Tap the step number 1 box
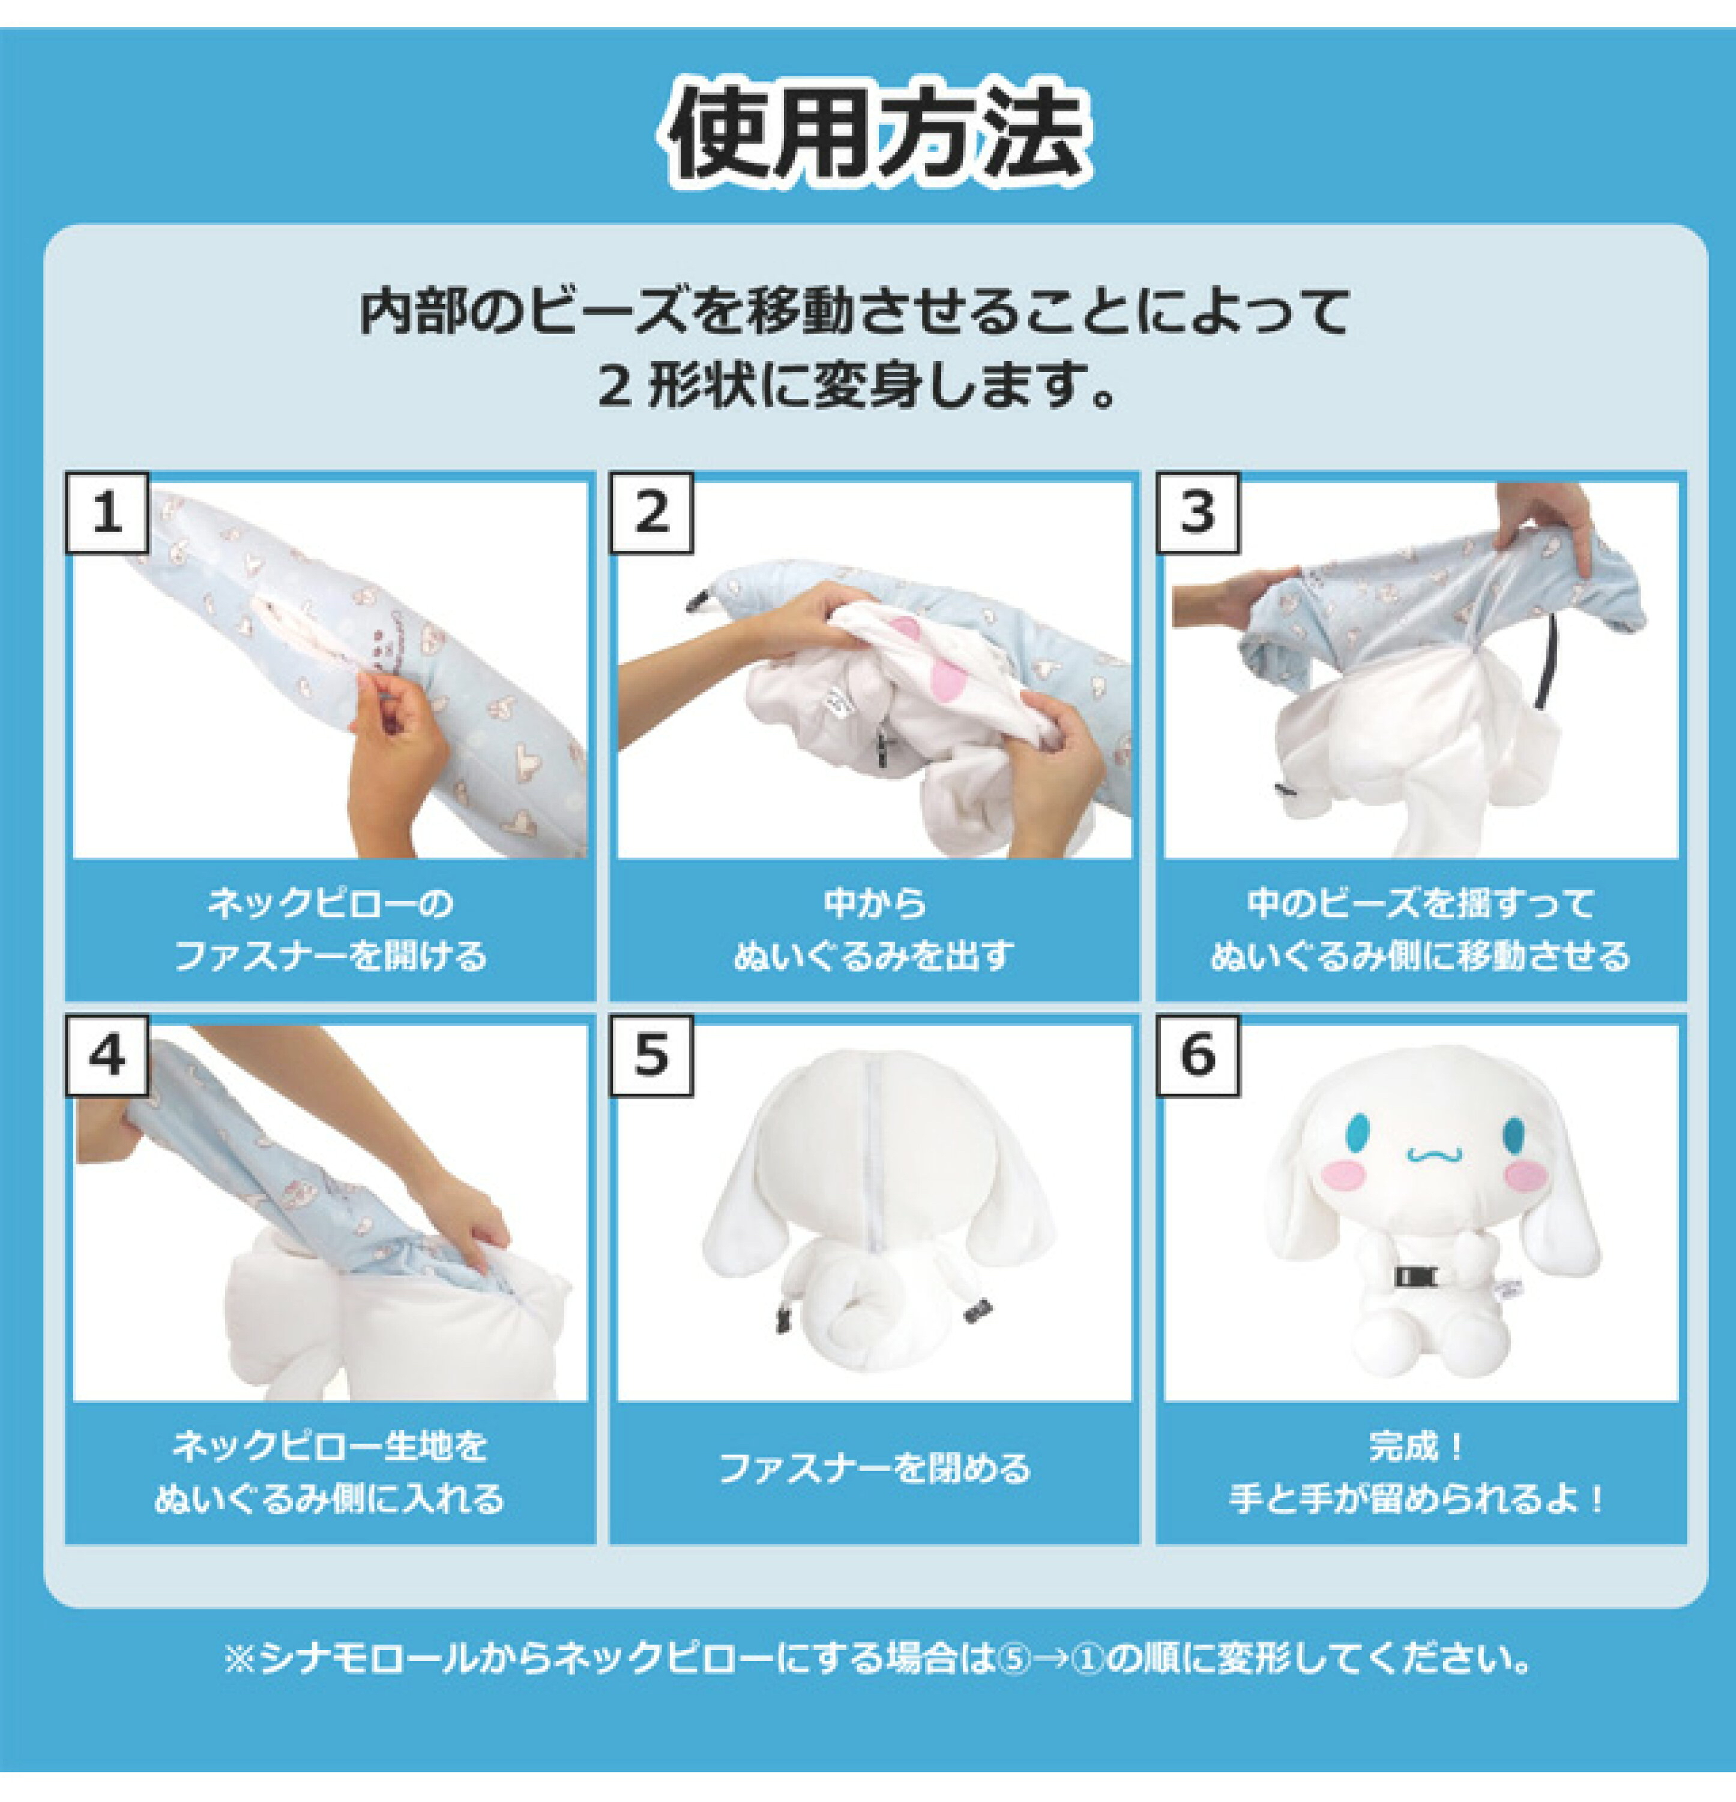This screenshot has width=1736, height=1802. point(107,512)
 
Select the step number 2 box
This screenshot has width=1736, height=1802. point(651,512)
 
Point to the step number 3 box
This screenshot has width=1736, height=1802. point(1196,512)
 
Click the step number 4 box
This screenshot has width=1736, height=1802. point(107,1055)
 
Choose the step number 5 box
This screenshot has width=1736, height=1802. point(651,1055)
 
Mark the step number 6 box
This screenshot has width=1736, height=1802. point(1196,1055)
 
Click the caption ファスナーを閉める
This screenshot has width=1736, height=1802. point(874,1468)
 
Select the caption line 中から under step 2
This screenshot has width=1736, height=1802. point(874,902)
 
